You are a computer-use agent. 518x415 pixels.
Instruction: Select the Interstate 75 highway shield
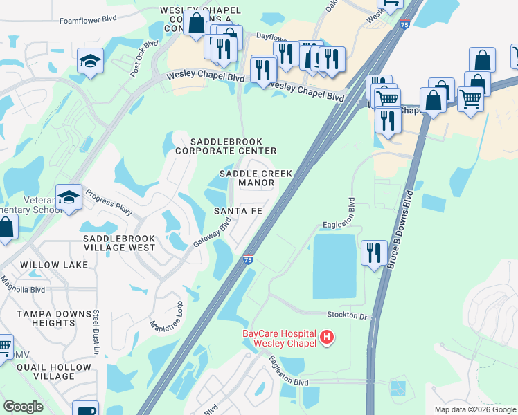248,259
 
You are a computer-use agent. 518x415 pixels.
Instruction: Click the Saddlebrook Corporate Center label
226,145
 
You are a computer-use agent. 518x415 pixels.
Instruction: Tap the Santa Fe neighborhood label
238,210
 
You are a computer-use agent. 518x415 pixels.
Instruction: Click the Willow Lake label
54,265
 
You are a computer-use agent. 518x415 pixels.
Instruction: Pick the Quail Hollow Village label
46,371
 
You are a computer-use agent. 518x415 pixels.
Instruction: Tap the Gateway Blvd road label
212,235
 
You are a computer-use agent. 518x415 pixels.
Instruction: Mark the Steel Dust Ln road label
97,331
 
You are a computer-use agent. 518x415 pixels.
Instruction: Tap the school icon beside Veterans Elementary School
69,198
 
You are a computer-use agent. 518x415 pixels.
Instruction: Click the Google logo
23,407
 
